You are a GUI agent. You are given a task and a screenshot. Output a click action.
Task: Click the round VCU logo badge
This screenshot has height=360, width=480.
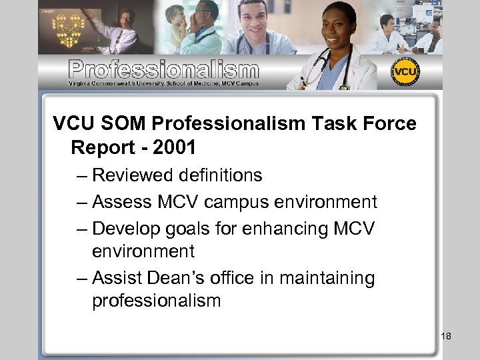[405, 73]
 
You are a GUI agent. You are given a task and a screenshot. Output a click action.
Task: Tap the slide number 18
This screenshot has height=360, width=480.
[446, 336]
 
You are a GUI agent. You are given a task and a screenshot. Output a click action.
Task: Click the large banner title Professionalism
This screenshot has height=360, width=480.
[164, 69]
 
